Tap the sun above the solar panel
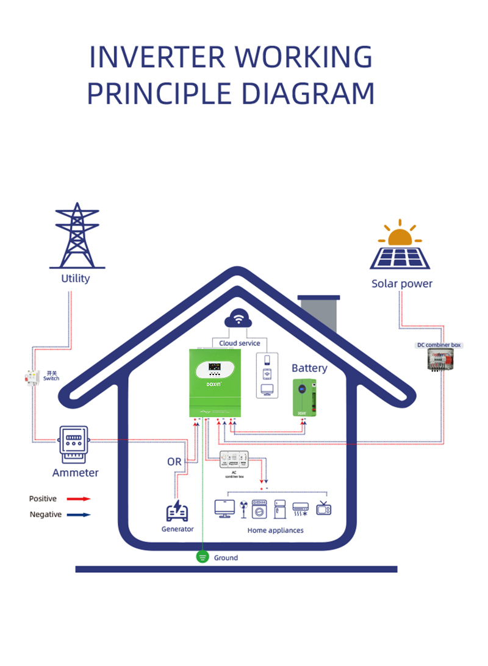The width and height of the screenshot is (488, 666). tap(400, 235)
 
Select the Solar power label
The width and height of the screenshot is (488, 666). tap(402, 284)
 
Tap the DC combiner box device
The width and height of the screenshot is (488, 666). tap(439, 360)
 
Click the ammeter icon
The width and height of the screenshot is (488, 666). tap(73, 445)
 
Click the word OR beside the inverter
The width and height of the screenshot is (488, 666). tap(174, 462)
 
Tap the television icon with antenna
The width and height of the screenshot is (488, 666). tap(323, 508)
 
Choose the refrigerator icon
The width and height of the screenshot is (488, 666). tap(280, 509)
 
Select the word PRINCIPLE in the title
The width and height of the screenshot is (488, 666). tap(157, 93)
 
